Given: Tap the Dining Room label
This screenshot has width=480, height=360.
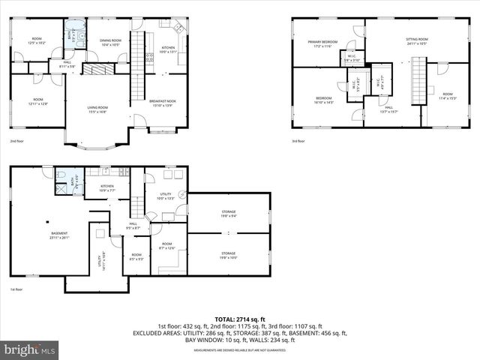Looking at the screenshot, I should (111, 43).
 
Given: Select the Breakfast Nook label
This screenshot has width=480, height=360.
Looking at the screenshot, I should (162, 102).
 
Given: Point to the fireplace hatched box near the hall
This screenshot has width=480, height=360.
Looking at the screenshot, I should (97, 69).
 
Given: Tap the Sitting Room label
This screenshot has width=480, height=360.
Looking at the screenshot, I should (417, 41).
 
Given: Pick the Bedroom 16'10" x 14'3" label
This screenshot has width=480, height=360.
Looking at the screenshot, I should (323, 100).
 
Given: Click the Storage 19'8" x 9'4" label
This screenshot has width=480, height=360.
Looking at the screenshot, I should (228, 214).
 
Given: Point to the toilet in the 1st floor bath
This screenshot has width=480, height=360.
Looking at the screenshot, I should (60, 174).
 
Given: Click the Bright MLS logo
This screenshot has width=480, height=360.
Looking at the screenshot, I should (30, 349).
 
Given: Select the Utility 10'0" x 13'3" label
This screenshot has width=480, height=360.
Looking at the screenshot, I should (165, 196).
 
